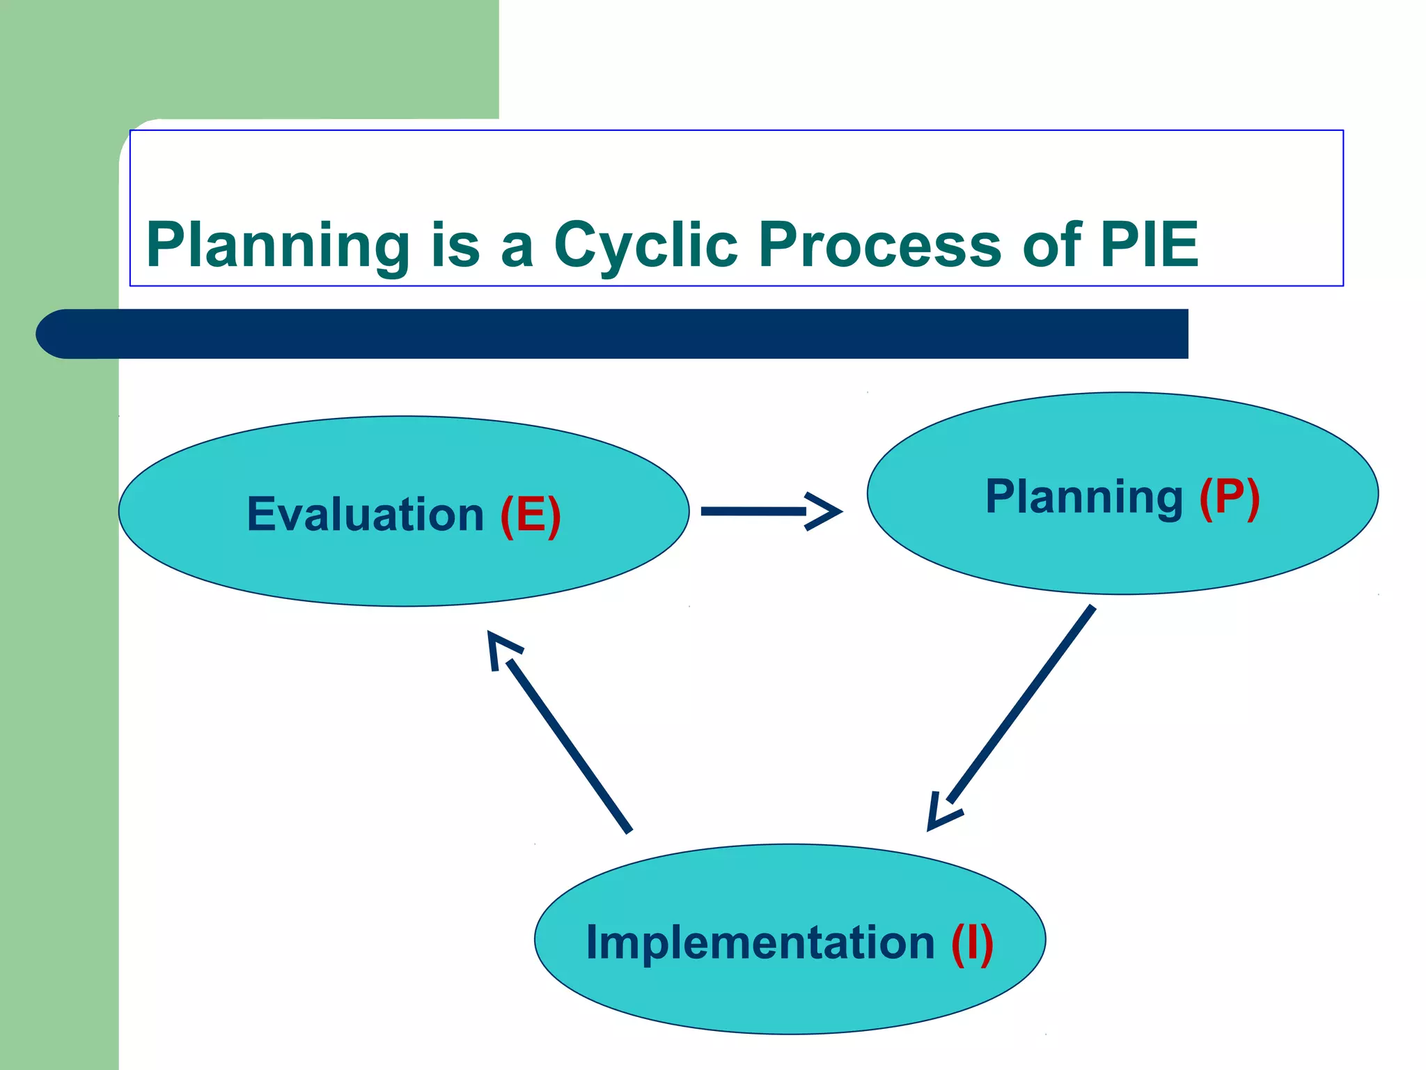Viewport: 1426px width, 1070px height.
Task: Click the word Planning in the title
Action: [278, 245]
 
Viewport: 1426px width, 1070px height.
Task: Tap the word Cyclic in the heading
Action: [645, 245]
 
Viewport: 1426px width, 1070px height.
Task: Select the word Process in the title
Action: [879, 245]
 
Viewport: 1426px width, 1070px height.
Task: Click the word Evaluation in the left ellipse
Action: [365, 515]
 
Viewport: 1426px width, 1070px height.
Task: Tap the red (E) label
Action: [531, 515]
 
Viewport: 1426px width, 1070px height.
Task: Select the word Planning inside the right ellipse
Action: [1084, 497]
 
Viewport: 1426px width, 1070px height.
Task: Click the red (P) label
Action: [1230, 497]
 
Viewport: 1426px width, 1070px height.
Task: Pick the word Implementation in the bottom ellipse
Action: [760, 943]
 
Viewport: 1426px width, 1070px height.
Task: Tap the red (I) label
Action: [972, 943]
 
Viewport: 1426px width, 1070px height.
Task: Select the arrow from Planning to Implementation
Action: [1020, 706]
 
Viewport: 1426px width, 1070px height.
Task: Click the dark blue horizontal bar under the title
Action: [627, 334]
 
